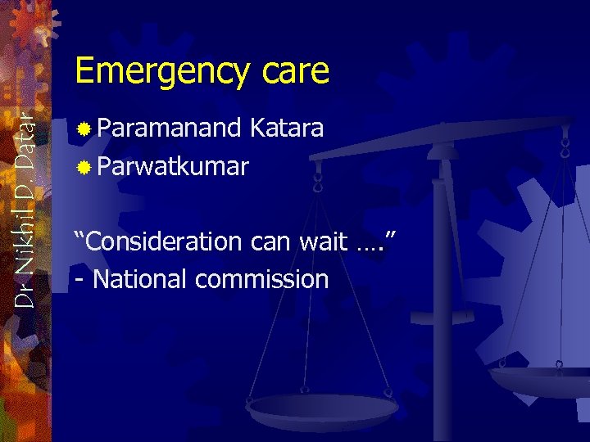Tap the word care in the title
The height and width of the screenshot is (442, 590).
296,72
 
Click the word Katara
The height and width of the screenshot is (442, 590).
287,128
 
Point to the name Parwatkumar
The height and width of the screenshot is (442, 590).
173,166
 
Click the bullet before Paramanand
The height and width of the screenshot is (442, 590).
83,129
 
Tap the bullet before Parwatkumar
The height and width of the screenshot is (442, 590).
83,167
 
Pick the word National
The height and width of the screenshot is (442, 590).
141,279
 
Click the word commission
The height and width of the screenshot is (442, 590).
261,279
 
